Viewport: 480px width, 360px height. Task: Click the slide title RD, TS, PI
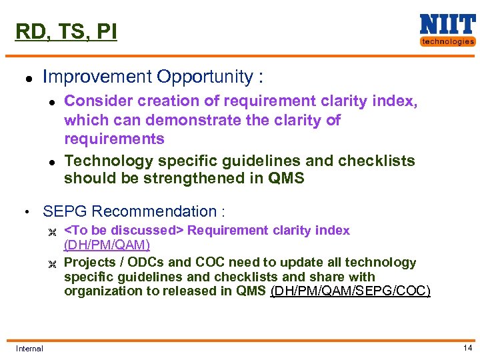click(66, 31)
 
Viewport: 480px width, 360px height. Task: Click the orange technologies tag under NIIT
click(447, 41)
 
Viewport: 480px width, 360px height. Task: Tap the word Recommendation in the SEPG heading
click(153, 212)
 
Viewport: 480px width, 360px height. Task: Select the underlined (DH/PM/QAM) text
click(107, 244)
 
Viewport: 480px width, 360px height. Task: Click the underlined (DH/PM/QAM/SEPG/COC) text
click(350, 291)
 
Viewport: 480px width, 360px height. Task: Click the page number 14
click(467, 348)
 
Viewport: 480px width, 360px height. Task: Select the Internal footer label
click(29, 349)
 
